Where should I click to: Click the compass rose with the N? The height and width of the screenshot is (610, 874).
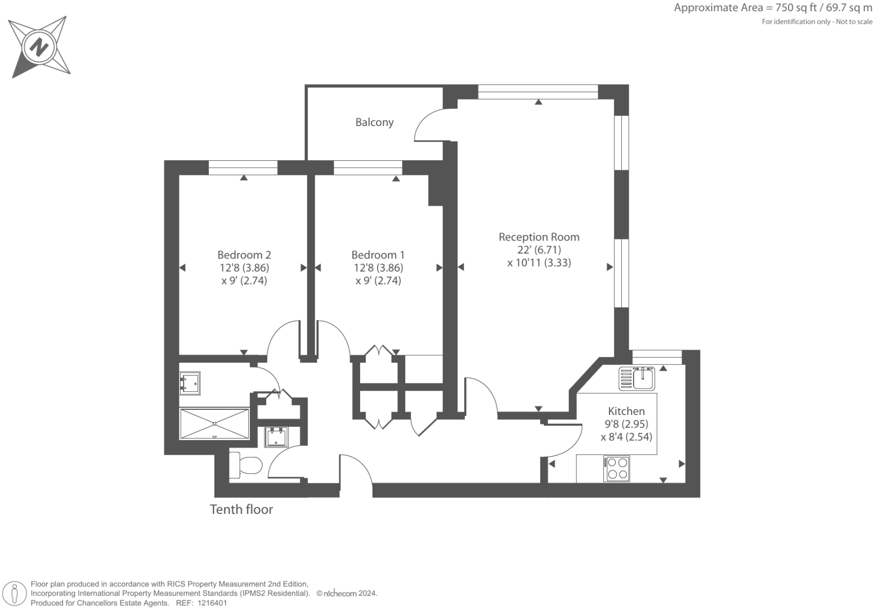pos(39,47)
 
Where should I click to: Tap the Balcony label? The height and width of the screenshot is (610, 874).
pos(374,122)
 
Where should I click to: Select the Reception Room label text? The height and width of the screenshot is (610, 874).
pos(539,237)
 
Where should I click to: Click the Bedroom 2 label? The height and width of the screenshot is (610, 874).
pos(244,255)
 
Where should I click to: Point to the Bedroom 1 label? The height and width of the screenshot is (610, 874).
pos(378,255)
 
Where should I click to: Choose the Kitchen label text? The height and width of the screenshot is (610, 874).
pos(626,411)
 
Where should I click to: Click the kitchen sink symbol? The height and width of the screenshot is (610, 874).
pos(637,378)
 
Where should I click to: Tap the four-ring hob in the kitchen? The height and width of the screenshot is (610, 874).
pos(616,469)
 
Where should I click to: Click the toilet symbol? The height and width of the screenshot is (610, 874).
pos(246,466)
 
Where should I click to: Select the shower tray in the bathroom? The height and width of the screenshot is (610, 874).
pos(214,424)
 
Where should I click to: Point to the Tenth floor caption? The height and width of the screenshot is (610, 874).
pos(241,509)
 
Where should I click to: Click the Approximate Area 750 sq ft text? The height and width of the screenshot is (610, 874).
pos(773,8)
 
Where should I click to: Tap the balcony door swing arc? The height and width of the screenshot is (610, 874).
pos(428,124)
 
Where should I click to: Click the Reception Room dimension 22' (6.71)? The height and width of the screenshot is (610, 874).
pos(539,250)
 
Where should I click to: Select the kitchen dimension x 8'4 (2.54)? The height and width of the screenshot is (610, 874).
pos(626,437)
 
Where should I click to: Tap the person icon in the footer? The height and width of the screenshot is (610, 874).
pos(15,594)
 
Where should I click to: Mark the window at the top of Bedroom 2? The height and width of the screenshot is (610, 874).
pos(243,168)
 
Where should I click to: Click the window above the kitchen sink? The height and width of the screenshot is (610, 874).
pos(657,357)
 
